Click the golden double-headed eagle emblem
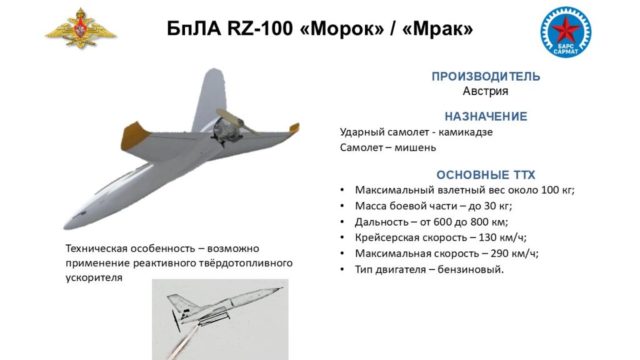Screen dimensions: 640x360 [x=81, y=29]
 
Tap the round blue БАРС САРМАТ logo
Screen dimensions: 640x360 [x=566, y=32]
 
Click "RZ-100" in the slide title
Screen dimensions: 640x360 [x=260, y=29]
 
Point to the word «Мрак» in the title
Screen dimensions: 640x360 [x=437, y=29]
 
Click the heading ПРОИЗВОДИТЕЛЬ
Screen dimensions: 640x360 [x=486, y=76]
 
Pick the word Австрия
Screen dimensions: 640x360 [x=485, y=91]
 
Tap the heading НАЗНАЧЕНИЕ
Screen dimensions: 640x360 [x=486, y=116]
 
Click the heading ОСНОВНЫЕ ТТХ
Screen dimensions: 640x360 [x=486, y=175]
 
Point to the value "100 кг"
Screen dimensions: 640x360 [x=556, y=190]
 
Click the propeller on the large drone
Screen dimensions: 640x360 [x=238, y=122]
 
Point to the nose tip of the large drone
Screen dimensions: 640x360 [x=65, y=226]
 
